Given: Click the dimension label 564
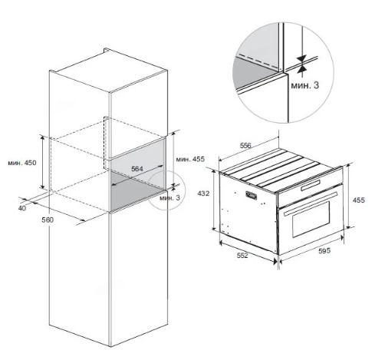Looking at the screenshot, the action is point(137,169).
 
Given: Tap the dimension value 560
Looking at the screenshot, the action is point(48,220).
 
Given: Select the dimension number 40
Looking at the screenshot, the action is point(22,208).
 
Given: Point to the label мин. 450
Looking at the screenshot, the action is point(22,163).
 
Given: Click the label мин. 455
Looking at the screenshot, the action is point(190,159).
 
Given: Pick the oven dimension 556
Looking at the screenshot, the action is point(245,145).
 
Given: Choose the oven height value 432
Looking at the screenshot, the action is point(203,193).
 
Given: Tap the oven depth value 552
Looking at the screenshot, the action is point(242,255).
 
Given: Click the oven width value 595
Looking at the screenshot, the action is point(324,251).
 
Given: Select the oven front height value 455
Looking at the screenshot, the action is point(359,200).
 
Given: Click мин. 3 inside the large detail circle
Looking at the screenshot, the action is point(305,85).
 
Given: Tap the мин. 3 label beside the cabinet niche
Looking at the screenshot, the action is point(169,198).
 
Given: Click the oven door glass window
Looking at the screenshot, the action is point(311,219).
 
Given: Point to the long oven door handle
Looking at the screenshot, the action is point(311,204).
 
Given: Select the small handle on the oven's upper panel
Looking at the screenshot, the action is point(311,185).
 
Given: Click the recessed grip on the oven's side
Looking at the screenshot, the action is point(251,196).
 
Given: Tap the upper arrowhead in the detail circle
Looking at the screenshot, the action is point(302,58).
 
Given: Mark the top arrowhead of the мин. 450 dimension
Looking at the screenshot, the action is point(43,137).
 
